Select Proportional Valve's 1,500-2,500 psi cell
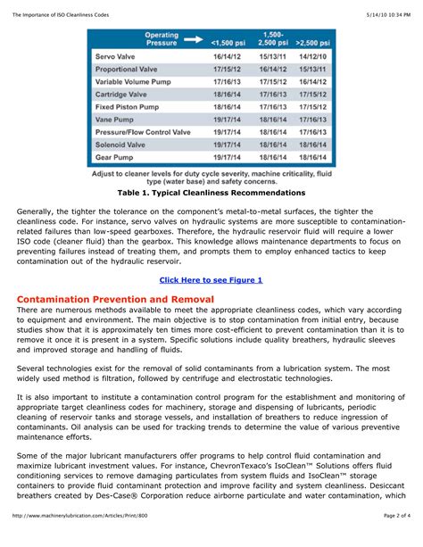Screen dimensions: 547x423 pos(274,69)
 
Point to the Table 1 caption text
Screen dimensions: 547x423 pos(211,193)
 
